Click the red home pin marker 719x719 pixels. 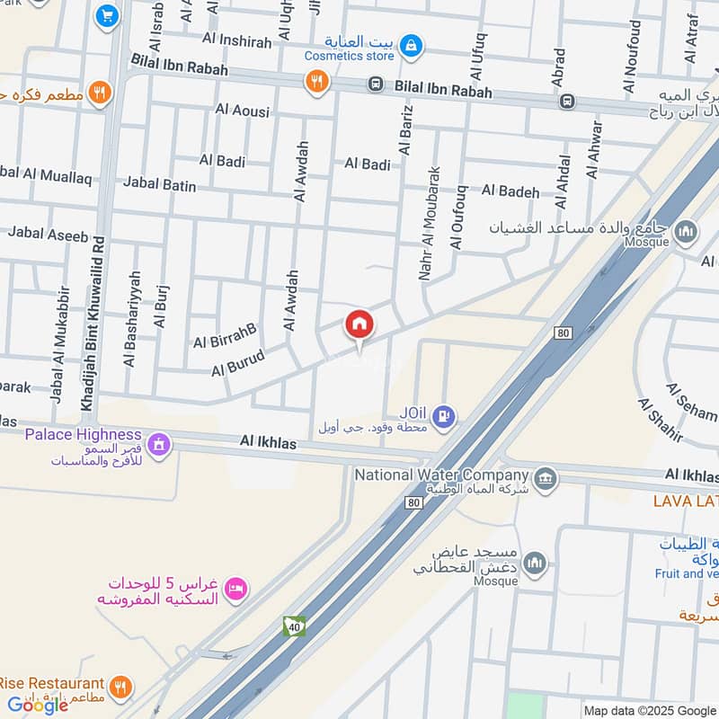[x=359, y=325]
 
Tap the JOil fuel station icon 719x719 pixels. [x=443, y=416]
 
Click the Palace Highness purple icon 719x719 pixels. [x=159, y=444]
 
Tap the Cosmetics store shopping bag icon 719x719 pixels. [x=411, y=45]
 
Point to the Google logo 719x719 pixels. [x=39, y=705]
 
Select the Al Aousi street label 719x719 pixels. [x=242, y=110]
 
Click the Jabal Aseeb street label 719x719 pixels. [x=49, y=235]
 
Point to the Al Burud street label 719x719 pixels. [x=237, y=362]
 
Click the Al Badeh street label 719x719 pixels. [x=510, y=191]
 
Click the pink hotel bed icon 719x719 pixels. [x=236, y=588]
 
